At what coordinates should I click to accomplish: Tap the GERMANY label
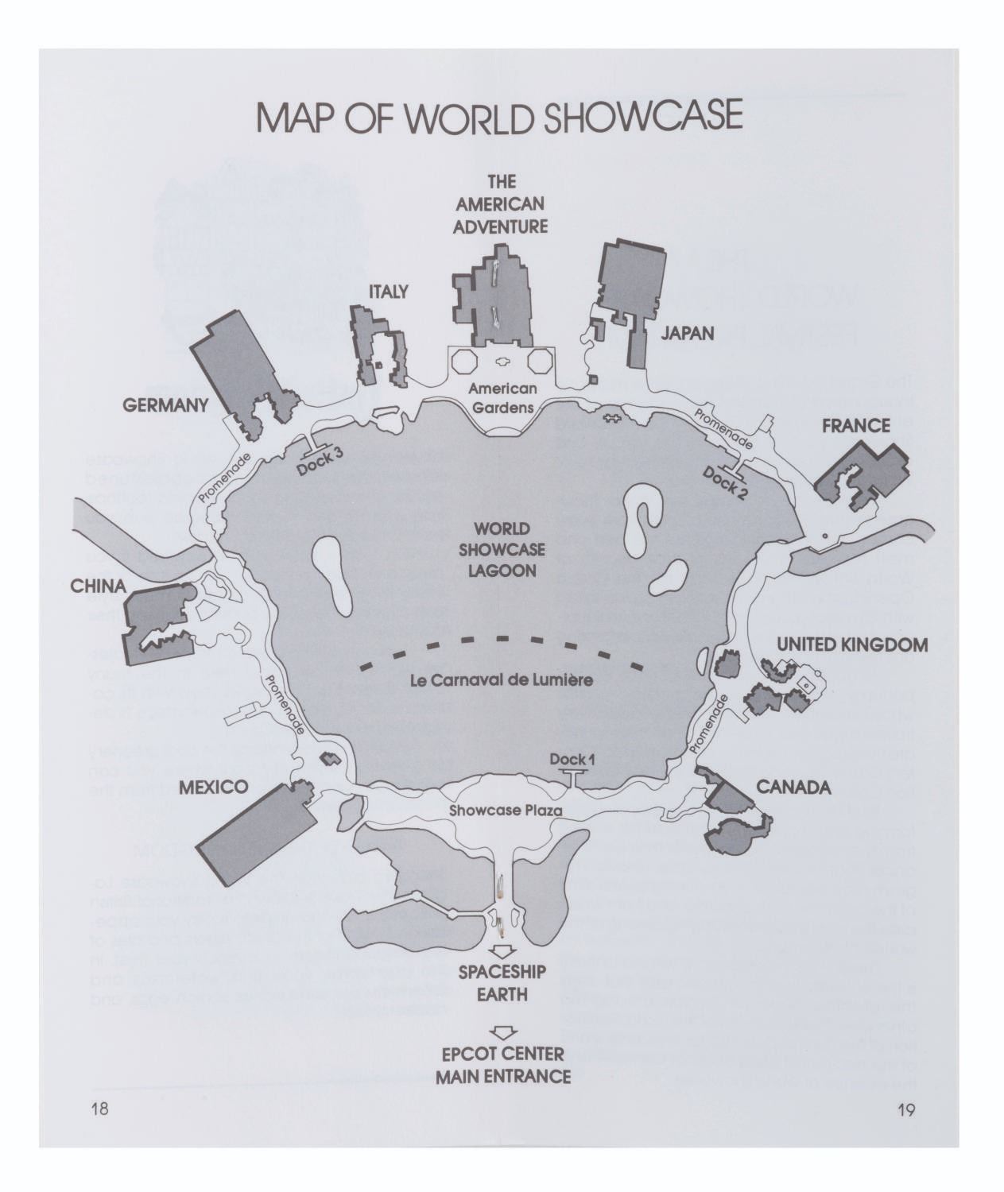(165, 405)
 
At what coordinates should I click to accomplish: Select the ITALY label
(389, 292)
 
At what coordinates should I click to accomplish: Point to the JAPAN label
(687, 334)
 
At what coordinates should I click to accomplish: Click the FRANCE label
(855, 426)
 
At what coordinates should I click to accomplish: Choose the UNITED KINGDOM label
(851, 644)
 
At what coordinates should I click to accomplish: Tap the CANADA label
(793, 788)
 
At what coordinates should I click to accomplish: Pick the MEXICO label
(213, 788)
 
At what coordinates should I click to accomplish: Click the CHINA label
(98, 586)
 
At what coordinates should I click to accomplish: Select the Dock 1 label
(572, 760)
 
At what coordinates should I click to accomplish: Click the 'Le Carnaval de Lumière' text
(502, 680)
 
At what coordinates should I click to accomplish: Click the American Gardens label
(502, 397)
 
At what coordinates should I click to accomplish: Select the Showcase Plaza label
(505, 811)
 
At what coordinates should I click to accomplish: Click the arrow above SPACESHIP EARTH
(502, 952)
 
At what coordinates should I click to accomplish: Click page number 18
(100, 1110)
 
